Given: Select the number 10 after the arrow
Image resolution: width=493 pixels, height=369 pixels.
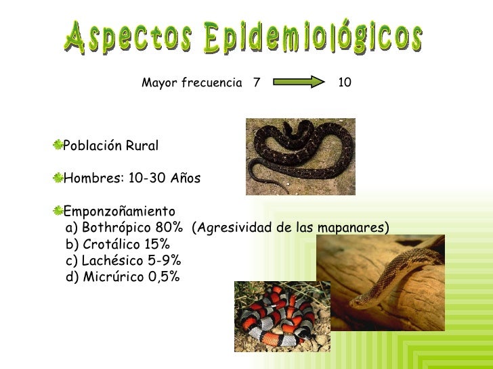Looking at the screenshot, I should coord(344,83).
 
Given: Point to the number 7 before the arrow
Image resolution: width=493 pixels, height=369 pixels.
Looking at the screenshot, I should coord(256,83).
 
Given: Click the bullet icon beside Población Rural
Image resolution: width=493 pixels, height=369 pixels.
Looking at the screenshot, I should coord(58,145).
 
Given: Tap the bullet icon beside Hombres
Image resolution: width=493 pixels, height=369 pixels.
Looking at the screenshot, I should coord(58,178).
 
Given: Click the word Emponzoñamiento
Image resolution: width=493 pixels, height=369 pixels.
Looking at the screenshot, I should coord(119,211).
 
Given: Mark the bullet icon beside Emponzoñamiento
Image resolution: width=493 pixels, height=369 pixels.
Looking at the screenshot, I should coord(58,210).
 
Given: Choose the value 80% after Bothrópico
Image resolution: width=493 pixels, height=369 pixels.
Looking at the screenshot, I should coord(169,227).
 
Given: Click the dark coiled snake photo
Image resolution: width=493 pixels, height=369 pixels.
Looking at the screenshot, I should coord(300,157).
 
